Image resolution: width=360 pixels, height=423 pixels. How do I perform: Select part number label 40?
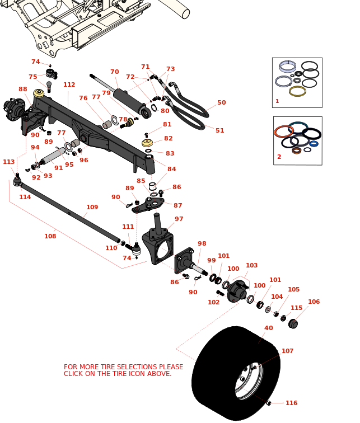(269, 328)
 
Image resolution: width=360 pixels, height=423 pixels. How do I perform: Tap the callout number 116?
(291, 403)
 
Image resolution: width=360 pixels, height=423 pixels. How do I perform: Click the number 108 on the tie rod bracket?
(50, 236)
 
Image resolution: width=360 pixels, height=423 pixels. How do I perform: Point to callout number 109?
(92, 207)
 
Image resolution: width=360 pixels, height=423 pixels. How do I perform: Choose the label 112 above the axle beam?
(69, 85)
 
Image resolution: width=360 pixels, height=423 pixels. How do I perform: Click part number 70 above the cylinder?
(115, 72)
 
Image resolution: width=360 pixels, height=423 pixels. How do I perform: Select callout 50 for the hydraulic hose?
(222, 103)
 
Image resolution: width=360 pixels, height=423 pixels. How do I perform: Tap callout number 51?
(219, 131)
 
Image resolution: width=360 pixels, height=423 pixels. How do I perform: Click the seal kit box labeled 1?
(297, 82)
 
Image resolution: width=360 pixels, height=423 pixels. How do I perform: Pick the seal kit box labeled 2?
(297, 140)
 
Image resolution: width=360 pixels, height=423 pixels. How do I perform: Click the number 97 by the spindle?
(179, 219)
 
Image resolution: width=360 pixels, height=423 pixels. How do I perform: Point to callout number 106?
(314, 302)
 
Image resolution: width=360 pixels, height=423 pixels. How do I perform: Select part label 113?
(8, 162)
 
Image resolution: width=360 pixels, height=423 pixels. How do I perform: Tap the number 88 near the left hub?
(23, 90)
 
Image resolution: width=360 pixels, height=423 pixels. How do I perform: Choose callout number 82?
(169, 139)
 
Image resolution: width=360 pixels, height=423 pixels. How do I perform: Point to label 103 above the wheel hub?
(251, 266)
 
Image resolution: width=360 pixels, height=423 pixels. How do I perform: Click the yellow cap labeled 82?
(147, 143)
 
